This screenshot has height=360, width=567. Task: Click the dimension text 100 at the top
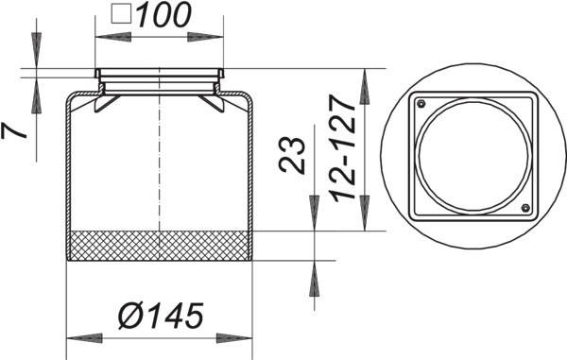coord(163,15)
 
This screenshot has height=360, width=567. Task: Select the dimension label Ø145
coord(161,316)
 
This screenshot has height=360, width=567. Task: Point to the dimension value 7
coord(14,130)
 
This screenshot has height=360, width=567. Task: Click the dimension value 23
coord(292,155)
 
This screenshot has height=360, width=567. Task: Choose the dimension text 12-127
coord(342,149)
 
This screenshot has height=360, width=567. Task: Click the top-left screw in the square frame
coord(421,105)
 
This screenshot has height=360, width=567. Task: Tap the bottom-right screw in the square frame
coord(525,208)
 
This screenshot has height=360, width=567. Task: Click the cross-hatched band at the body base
coord(160,246)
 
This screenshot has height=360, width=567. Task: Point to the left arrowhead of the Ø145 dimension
coord(84,338)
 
